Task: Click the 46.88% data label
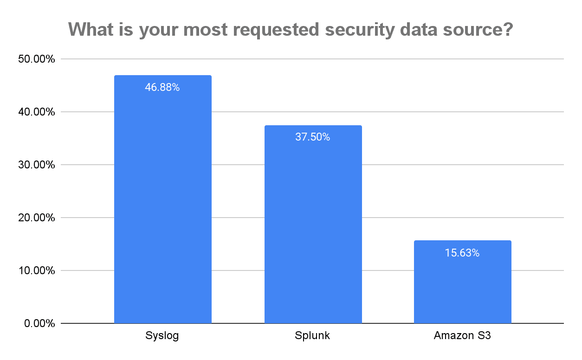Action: tap(162, 87)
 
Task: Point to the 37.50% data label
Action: tap(313, 137)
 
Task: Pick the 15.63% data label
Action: tap(462, 253)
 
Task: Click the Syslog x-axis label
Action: tap(162, 336)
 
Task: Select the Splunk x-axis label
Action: tap(313, 336)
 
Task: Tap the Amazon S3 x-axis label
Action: tap(462, 336)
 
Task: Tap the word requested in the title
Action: tap(274, 30)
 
